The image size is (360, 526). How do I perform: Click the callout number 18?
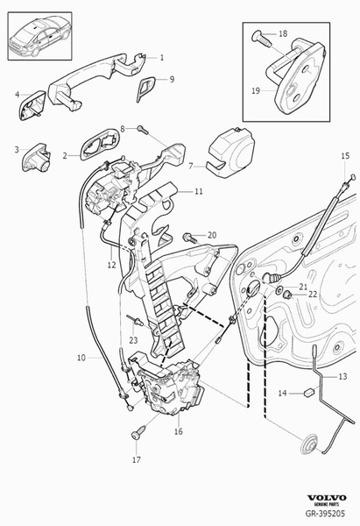point(283,33)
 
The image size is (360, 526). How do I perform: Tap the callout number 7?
point(191,166)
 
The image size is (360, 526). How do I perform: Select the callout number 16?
point(179,431)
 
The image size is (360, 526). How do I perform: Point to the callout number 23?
point(133,340)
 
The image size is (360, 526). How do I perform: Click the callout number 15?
point(345,156)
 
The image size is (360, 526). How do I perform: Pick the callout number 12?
point(111,265)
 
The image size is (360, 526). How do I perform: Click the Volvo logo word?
point(327,498)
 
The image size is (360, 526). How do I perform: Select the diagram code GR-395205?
point(325,513)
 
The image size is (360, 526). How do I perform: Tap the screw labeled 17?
point(138,432)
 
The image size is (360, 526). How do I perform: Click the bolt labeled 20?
point(190,238)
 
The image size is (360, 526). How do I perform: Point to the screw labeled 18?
point(262,39)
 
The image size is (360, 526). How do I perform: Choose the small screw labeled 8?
point(143,129)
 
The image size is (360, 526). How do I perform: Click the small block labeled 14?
point(310,391)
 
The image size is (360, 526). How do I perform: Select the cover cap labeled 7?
point(231,153)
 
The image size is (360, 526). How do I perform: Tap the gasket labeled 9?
point(145,89)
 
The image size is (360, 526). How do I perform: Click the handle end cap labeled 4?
point(32,104)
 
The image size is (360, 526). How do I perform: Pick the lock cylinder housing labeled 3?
point(37,157)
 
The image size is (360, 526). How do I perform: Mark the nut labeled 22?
point(287,295)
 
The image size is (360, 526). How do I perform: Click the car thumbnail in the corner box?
point(40,36)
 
